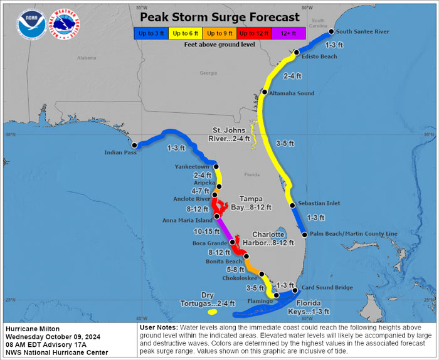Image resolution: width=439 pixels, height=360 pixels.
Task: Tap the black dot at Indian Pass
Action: (134, 145)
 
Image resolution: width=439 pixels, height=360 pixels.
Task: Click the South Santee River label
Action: (362, 31)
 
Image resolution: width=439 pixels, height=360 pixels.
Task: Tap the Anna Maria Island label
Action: (187, 220)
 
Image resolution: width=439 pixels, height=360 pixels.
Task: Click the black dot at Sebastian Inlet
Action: (292, 205)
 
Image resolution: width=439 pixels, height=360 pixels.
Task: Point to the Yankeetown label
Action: (193, 167)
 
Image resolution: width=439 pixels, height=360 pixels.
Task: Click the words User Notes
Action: (159, 328)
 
